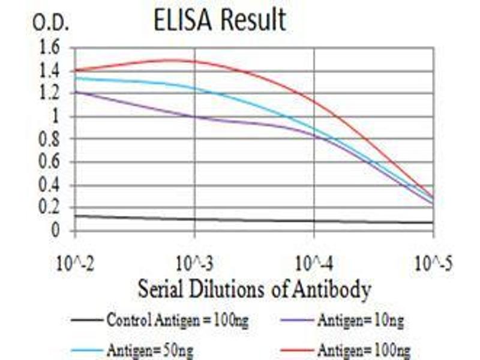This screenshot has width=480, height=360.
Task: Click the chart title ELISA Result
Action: point(220,20)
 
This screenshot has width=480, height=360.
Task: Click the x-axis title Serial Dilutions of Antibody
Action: point(254,290)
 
